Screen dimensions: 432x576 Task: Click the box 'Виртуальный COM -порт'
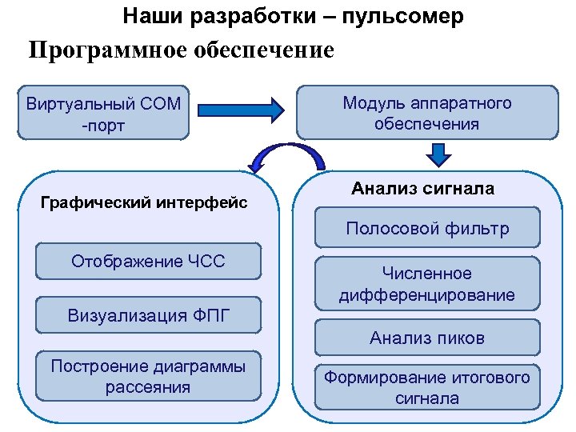point(103,114)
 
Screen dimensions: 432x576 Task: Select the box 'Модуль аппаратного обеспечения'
point(426,114)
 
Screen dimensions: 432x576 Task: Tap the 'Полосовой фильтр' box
point(426,229)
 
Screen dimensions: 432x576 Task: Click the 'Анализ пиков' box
point(426,338)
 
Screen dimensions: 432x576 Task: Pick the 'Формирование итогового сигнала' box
point(426,387)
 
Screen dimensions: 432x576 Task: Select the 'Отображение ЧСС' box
point(148,262)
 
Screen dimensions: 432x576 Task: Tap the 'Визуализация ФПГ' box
point(148,314)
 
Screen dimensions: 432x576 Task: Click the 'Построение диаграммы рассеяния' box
point(148,377)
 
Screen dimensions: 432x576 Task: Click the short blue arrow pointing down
point(437,153)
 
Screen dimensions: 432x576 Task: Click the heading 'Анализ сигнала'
point(422,189)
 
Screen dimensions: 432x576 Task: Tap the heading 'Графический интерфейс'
point(144,202)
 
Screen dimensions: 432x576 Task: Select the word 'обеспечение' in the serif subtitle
point(263,50)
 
